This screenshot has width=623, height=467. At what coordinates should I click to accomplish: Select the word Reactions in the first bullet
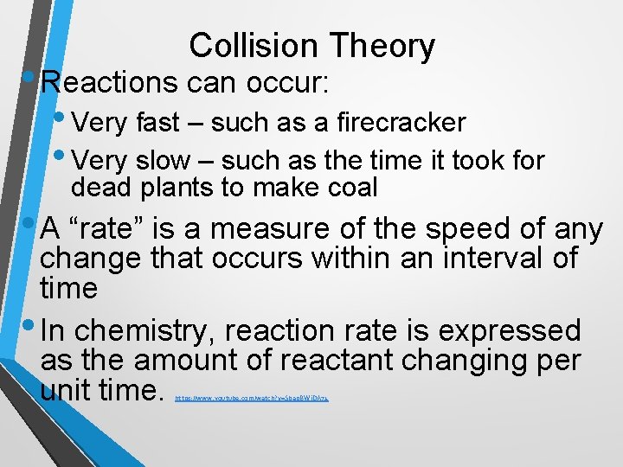tap(108, 83)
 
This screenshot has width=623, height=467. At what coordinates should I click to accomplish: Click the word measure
tap(271, 229)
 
